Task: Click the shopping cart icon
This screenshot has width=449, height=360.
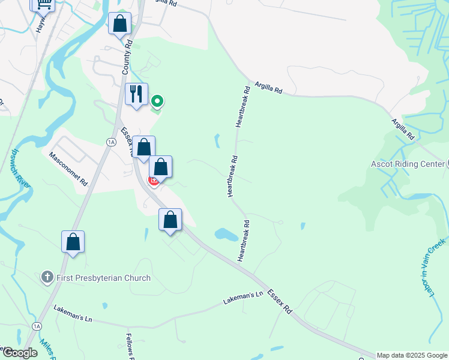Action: [x=43, y=4]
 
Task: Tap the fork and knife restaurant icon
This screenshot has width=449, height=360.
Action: [x=136, y=94]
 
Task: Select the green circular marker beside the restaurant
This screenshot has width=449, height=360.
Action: [x=157, y=101]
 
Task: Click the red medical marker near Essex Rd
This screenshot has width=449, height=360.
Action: [x=154, y=181]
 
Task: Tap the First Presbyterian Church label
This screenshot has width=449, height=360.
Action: [x=103, y=278]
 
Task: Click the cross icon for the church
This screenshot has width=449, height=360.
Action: [x=47, y=277]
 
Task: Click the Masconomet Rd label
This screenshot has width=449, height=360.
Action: [x=68, y=167]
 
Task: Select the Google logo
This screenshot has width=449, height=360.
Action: [x=19, y=352]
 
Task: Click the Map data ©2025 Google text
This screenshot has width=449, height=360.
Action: [x=412, y=355]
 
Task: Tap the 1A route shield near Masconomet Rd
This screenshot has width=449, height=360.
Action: [x=110, y=142]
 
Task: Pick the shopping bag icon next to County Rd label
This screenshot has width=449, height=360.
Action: [x=120, y=24]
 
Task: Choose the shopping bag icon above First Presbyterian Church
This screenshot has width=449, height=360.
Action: [x=73, y=242]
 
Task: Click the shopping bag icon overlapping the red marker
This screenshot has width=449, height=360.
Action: [x=161, y=167]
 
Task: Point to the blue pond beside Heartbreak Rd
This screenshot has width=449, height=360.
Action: [x=226, y=234]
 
